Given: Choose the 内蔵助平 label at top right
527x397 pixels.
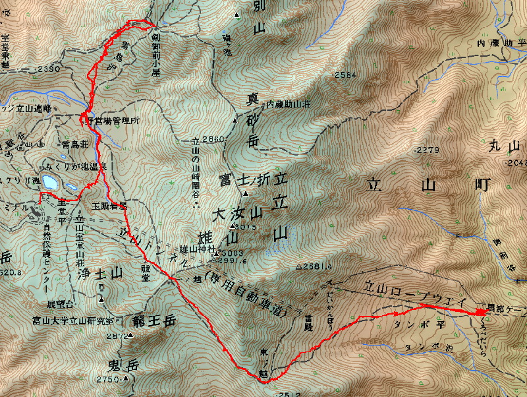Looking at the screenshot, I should click(x=501, y=44).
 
